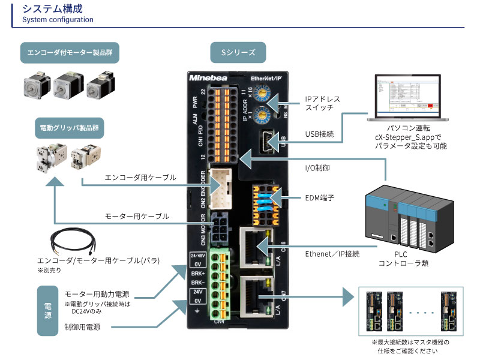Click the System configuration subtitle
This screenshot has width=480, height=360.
[x=58, y=19]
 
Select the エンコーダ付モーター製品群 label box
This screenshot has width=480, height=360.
[x=69, y=53]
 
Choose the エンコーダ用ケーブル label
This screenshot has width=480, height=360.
[x=140, y=178]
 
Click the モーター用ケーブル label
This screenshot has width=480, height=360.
[x=137, y=216]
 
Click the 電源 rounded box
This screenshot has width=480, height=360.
[x=48, y=311]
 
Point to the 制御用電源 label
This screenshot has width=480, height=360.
[x=82, y=327]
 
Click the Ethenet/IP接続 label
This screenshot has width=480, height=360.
[x=332, y=254]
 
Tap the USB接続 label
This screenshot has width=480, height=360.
[x=319, y=134]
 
